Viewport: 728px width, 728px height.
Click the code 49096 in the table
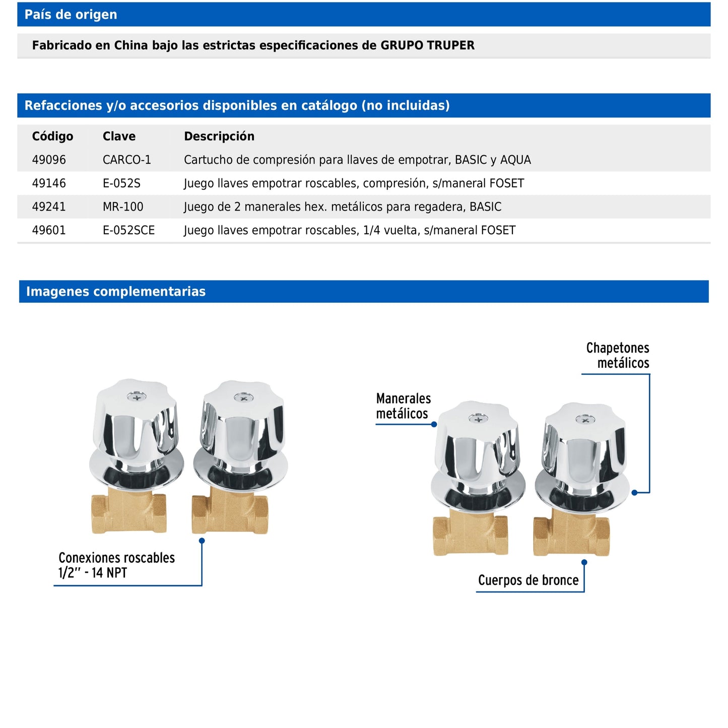[x=49, y=160]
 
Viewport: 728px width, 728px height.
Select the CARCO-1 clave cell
[x=126, y=160]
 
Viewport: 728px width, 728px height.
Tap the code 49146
[x=49, y=183]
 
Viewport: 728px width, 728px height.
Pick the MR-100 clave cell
[x=123, y=207]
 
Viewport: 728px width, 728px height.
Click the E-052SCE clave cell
[x=128, y=230]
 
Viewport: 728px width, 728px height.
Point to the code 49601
[x=49, y=230]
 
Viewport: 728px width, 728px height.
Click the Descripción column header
[x=219, y=136]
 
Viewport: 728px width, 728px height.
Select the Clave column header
[x=119, y=136]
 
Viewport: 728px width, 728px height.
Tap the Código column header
[x=52, y=136]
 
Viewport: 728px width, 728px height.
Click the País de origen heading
[x=71, y=15]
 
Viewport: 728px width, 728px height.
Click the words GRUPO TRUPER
[x=427, y=45]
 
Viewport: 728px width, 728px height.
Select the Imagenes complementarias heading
[x=116, y=292]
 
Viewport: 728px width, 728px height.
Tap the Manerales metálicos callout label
[x=403, y=406]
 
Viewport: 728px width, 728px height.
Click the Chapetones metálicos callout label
[x=618, y=355]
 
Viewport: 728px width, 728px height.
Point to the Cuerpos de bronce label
[x=528, y=580]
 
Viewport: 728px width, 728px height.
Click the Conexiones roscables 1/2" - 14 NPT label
[x=116, y=565]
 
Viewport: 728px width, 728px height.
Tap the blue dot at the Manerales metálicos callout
[x=434, y=424]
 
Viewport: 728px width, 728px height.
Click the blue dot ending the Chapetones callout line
[x=634, y=493]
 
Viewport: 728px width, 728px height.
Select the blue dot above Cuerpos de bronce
[x=584, y=562]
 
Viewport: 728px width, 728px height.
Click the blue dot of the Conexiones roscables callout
[x=202, y=541]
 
